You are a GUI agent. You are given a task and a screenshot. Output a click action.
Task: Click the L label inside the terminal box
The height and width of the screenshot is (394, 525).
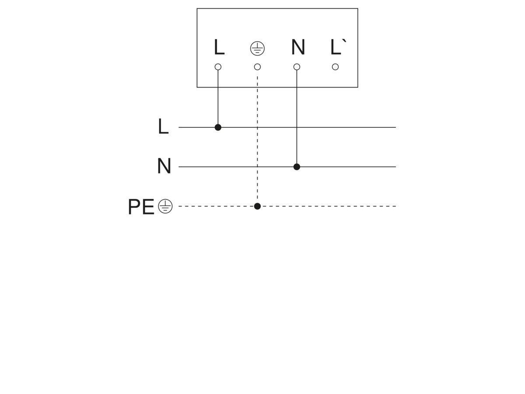[219, 47]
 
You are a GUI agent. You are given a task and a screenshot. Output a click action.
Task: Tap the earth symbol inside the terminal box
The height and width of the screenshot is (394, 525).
[257, 48]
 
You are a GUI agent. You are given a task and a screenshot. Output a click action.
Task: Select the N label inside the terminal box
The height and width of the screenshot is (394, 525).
[298, 47]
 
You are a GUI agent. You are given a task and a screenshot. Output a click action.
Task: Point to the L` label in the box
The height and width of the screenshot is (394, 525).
[337, 47]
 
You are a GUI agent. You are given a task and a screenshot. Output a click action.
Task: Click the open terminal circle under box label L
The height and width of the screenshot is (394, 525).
[217, 67]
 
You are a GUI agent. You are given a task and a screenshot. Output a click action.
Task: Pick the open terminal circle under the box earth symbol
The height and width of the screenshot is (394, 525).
[257, 67]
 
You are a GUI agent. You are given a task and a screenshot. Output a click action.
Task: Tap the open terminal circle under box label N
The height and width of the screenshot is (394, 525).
[297, 67]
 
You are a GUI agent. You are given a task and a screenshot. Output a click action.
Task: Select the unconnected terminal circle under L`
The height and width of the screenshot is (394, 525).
[335, 67]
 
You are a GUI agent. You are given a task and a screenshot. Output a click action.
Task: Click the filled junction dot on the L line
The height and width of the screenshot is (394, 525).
[217, 127]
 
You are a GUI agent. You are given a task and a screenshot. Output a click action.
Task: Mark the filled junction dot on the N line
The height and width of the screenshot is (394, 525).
[297, 167]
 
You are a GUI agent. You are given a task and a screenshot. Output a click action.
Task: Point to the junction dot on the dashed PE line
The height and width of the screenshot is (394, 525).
[257, 206]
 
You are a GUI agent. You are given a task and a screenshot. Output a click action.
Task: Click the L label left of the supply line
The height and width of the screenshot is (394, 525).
[163, 126]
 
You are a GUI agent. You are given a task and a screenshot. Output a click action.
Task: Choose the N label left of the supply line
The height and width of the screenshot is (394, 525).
[164, 165]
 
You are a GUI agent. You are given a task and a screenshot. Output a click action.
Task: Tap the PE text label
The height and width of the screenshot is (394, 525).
[141, 207]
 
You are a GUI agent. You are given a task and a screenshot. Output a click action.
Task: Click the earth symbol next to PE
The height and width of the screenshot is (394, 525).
[165, 206]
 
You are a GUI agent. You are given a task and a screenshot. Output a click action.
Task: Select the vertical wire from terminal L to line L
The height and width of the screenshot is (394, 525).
[217, 97]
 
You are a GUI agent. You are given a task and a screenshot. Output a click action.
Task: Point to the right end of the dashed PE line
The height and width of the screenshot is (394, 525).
[395, 206]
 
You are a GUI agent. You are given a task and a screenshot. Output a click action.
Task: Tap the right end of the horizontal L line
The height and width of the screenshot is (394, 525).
[395, 127]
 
